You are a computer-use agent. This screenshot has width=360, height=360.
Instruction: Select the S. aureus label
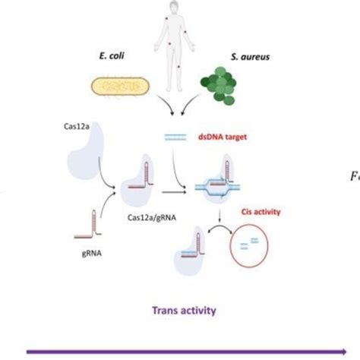pos(242,56)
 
